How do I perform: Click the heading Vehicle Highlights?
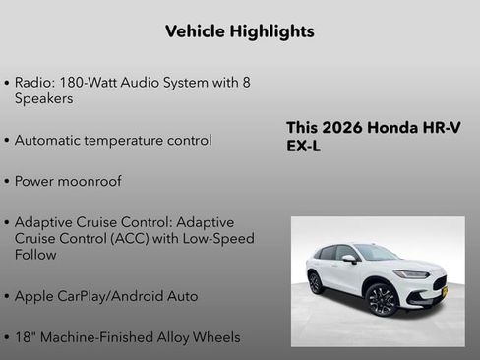240,31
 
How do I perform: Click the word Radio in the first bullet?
34,83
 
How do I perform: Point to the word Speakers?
44,98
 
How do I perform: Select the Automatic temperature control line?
113,140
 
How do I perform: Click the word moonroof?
93,182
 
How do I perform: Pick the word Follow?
35,255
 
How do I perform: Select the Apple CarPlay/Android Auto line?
106,296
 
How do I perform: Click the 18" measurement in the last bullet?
26,337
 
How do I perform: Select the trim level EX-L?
303,147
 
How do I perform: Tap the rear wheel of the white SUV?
315,282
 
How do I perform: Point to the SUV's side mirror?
349,259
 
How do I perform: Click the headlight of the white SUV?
412,273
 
